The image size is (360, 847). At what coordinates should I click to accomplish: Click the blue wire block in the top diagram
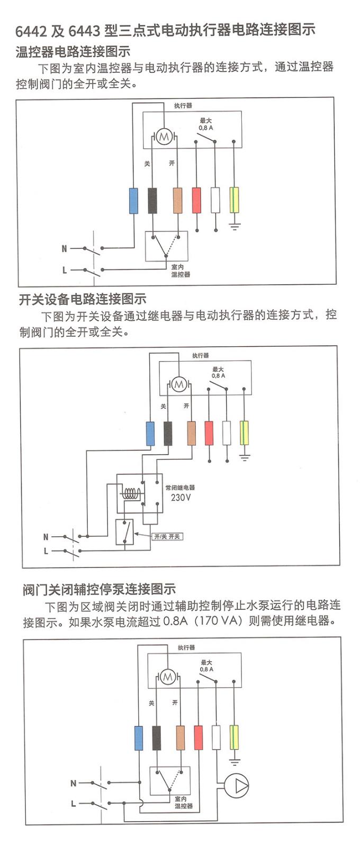[x=133, y=201]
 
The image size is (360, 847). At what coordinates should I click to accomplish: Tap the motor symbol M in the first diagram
[x=164, y=138]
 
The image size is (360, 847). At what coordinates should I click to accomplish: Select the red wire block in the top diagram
[x=196, y=201]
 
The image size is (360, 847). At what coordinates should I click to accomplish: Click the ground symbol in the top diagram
[x=235, y=227]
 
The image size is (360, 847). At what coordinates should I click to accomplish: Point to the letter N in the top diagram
[x=65, y=248]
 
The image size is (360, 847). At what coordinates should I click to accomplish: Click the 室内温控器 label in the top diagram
[x=181, y=271]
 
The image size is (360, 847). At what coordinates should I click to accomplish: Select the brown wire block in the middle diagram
[x=191, y=433]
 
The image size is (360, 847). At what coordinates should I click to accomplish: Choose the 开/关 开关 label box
[x=167, y=536]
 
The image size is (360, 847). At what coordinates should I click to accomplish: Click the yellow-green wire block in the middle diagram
[x=244, y=433]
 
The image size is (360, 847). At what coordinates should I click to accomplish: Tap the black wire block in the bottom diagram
[x=156, y=737]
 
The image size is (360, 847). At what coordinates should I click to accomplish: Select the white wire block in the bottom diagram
[x=216, y=737]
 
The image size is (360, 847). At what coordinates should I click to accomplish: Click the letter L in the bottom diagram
[x=74, y=804]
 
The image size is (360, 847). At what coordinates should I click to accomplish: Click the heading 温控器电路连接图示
[x=73, y=52]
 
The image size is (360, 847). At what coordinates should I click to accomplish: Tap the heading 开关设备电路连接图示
[x=83, y=299]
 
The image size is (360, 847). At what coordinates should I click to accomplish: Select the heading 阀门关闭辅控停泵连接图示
[x=100, y=589]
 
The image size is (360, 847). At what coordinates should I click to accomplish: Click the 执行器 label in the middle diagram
[x=201, y=355]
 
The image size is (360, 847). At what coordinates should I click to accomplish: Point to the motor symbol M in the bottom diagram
[x=168, y=677]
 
